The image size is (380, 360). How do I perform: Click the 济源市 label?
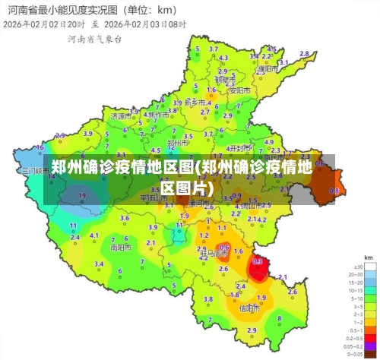(x=120, y=117)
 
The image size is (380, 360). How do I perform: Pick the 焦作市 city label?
(x=158, y=115)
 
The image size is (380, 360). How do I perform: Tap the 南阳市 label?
(x=120, y=247)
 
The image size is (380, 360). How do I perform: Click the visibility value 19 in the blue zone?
(x=81, y=195)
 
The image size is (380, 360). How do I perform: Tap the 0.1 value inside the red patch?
(x=258, y=261)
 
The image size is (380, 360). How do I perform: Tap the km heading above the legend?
(x=368, y=259)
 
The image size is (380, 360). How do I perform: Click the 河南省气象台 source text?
(x=93, y=39)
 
